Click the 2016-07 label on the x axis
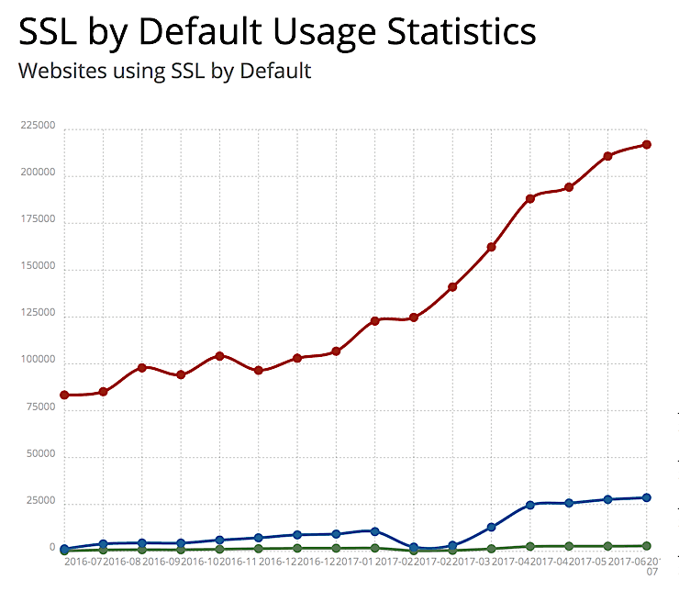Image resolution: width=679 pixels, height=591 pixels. [83, 561]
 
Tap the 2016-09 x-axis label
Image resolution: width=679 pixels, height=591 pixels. [161, 561]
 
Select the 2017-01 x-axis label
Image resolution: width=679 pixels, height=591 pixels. [357, 561]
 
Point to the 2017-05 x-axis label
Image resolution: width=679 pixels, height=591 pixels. [590, 561]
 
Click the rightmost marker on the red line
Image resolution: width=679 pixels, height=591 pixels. [647, 144]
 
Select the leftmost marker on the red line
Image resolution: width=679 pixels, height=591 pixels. [64, 395]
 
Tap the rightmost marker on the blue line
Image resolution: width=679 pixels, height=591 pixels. [647, 497]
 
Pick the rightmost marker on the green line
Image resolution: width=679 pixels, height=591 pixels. [647, 546]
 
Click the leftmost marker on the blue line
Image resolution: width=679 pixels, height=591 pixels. [64, 548]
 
